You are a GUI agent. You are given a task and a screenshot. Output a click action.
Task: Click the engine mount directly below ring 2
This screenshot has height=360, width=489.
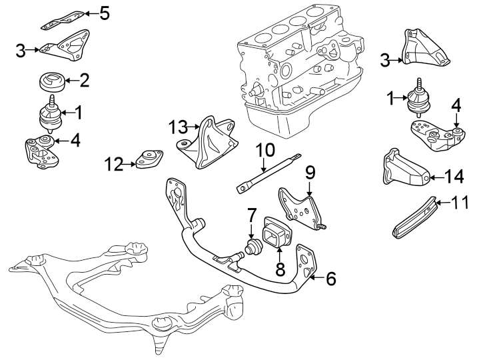tap(49, 115)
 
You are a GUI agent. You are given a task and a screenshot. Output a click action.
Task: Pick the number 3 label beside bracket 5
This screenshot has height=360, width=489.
tap(21, 49)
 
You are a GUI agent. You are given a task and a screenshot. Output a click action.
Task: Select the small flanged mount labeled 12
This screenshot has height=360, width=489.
tap(149, 159)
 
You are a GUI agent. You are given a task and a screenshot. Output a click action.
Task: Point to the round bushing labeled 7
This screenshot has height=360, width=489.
tap(253, 248)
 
